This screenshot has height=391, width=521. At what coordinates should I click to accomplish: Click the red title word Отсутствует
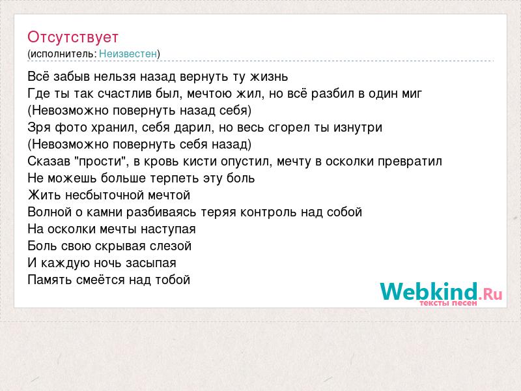(73, 38)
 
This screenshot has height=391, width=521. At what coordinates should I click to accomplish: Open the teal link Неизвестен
(128, 54)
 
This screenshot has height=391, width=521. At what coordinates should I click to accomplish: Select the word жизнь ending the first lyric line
(269, 77)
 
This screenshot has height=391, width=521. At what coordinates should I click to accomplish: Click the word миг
(412, 94)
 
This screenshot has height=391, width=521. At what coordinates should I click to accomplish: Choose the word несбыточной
(104, 195)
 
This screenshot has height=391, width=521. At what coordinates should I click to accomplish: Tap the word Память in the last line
(50, 280)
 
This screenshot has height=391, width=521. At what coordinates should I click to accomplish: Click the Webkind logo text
(441, 292)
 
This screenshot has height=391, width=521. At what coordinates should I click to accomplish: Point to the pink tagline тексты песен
(448, 303)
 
